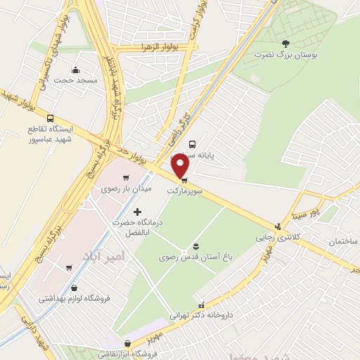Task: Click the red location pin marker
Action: tap(181, 166)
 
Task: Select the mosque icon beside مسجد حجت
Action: tap(77, 70)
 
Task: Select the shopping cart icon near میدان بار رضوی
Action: tap(126, 177)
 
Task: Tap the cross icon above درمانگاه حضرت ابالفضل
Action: tap(136, 211)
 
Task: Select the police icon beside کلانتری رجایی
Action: tap(278, 226)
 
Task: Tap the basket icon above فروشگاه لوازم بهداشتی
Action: tap(75, 288)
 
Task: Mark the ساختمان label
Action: tap(342, 241)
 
